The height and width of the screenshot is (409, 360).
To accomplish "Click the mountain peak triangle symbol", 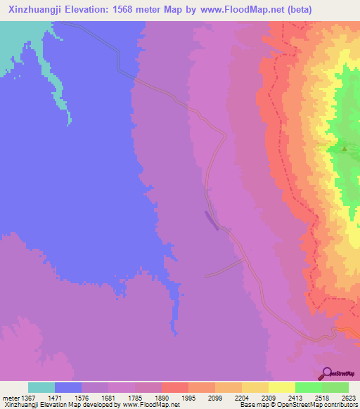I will click(x=344, y=148).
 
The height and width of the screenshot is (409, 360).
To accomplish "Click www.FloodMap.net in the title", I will click(x=238, y=9).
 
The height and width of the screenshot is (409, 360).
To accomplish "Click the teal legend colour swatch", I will click(x=41, y=387).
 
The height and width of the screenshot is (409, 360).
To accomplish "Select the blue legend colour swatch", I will click(x=68, y=387).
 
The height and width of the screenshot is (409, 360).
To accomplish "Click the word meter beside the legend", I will click(x=10, y=397).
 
